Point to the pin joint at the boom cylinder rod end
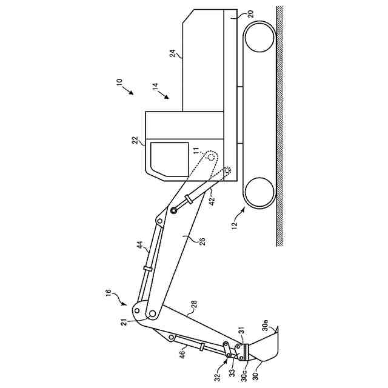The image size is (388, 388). (x=174, y=210)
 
